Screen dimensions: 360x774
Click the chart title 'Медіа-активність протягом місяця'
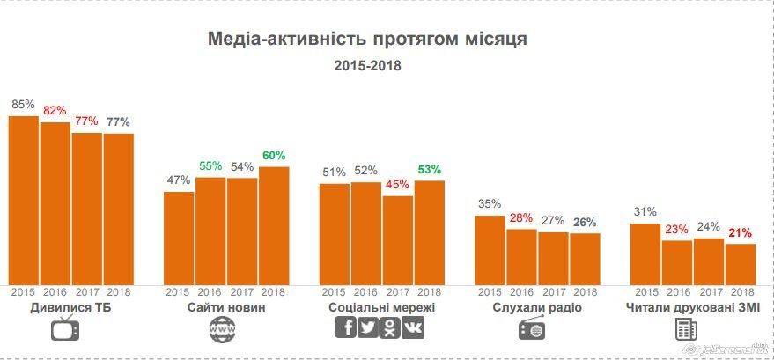(367, 40)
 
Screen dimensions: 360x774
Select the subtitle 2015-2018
(367, 66)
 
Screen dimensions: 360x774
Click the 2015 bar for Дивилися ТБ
(24, 199)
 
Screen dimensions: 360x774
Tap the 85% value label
(23, 105)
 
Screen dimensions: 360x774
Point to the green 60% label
(274, 156)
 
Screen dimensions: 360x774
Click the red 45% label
(398, 185)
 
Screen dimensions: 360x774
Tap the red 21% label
(741, 233)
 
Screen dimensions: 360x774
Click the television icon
(66, 329)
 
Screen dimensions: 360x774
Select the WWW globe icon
(223, 329)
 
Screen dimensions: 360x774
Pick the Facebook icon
(346, 328)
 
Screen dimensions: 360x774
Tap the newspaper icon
(687, 329)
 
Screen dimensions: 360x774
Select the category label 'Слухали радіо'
(537, 308)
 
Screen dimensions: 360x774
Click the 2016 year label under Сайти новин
(210, 292)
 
